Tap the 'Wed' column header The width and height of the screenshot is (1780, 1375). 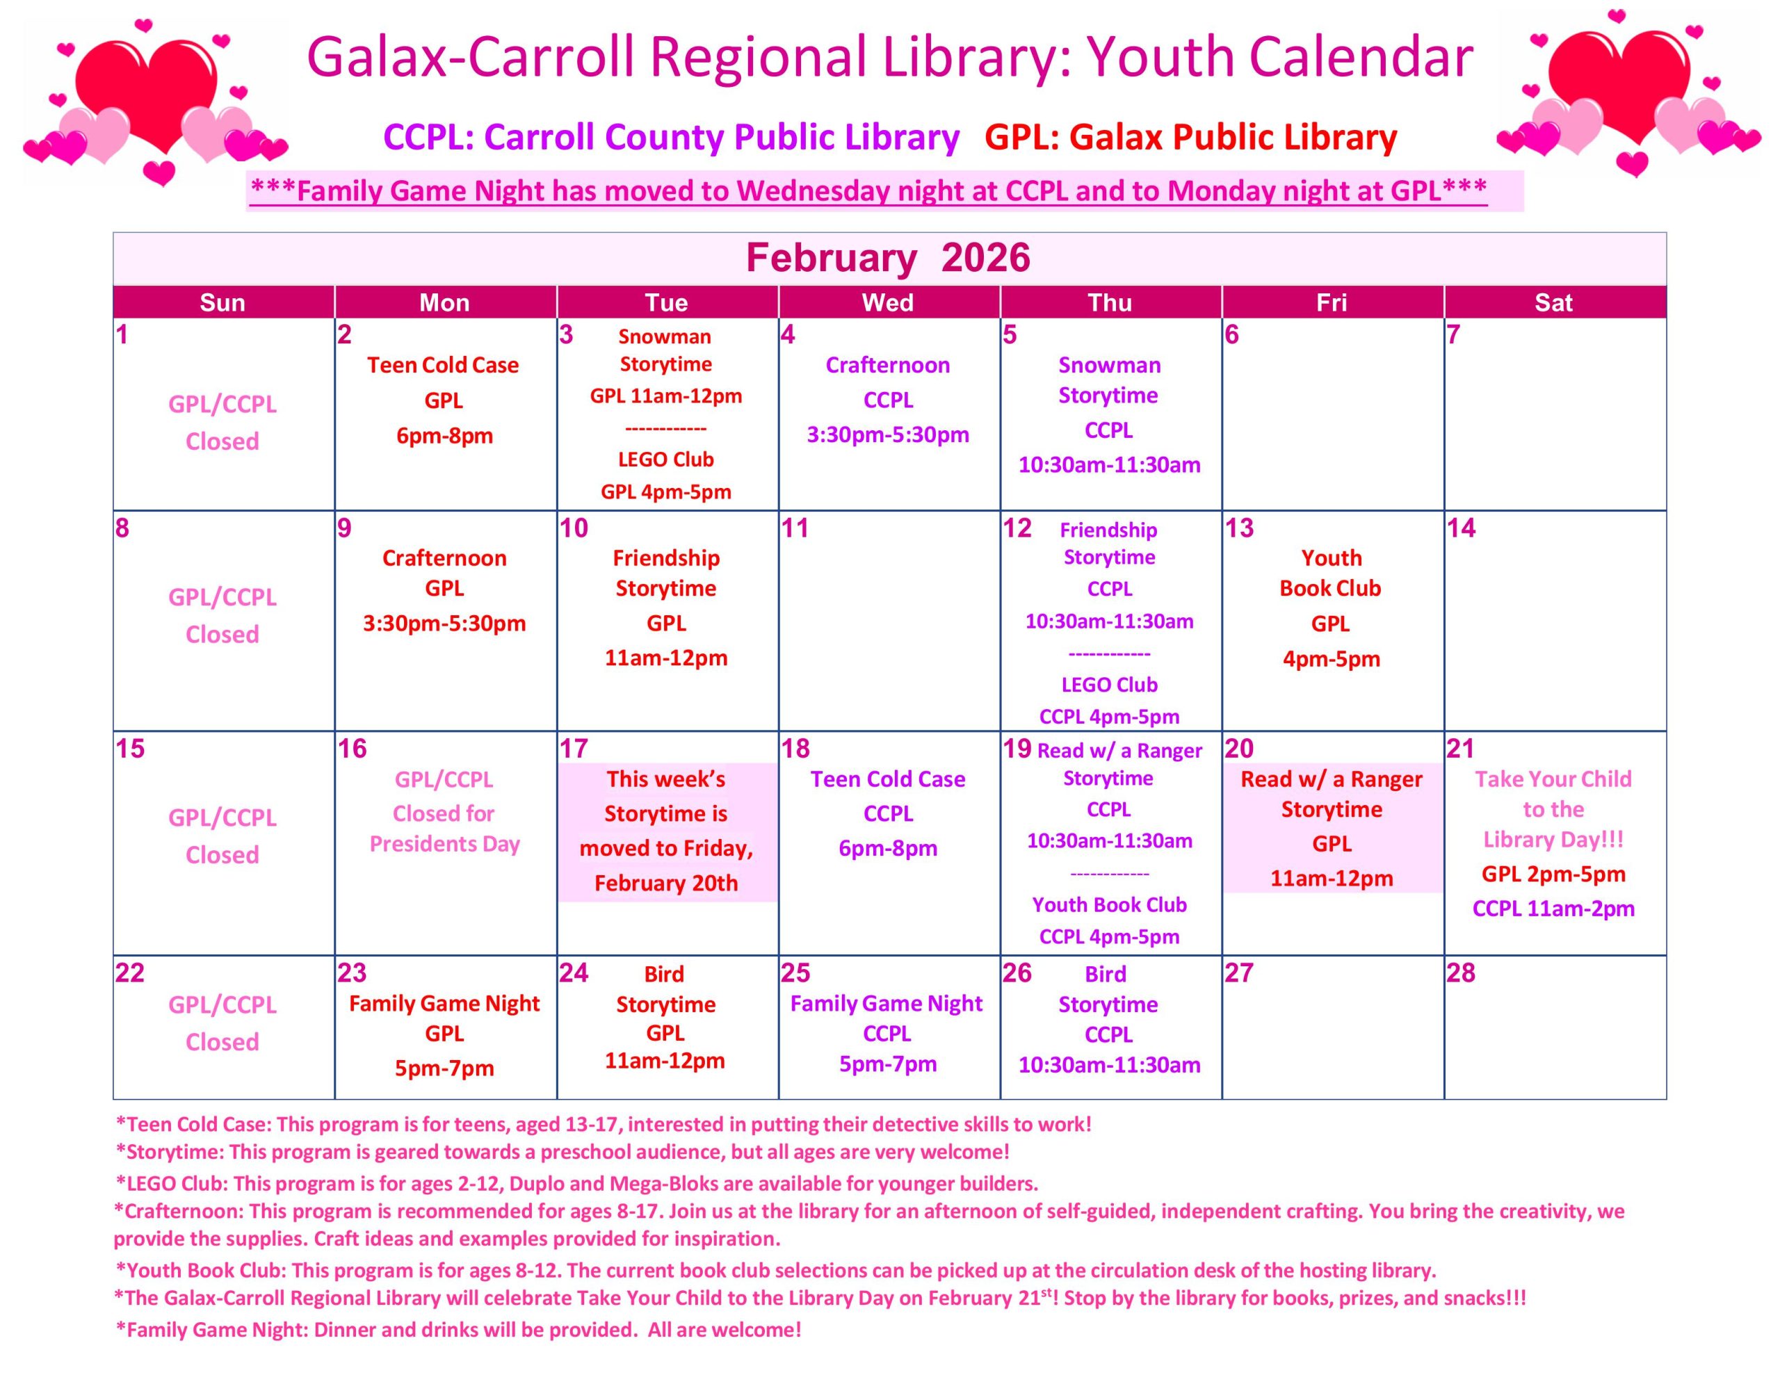pyautogui.click(x=887, y=302)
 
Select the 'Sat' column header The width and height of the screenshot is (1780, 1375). pyautogui.click(x=1553, y=302)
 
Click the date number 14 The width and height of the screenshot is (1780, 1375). pyautogui.click(x=1461, y=528)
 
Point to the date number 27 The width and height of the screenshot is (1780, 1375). pyautogui.click(x=1239, y=973)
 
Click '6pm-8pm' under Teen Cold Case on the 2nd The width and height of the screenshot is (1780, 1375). pyautogui.click(x=444, y=435)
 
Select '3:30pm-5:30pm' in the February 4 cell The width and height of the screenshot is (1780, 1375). pyautogui.click(x=887, y=434)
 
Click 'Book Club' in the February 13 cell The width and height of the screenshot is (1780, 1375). pyautogui.click(x=1330, y=589)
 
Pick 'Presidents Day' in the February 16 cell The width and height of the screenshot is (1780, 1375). pyautogui.click(x=444, y=844)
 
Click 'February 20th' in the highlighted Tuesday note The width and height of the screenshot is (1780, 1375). pyautogui.click(x=666, y=883)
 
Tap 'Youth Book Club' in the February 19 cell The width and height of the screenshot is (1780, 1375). pyautogui.click(x=1109, y=904)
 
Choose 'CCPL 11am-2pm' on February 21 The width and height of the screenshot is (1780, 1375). pyautogui.click(x=1553, y=909)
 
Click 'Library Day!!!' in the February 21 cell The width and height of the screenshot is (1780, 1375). pyautogui.click(x=1553, y=840)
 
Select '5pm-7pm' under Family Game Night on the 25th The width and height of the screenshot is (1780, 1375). pyautogui.click(x=887, y=1064)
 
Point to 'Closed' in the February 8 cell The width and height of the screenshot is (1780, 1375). pyautogui.click(x=222, y=634)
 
